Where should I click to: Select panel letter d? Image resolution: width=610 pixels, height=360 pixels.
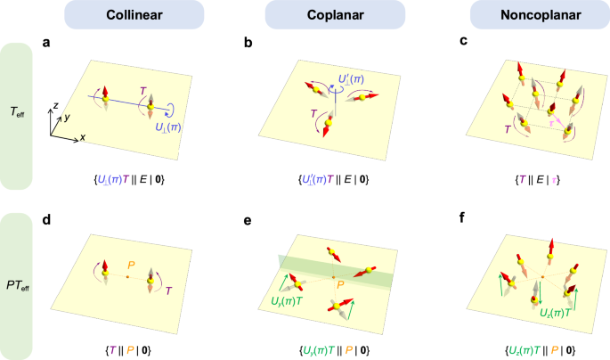tap(46, 217)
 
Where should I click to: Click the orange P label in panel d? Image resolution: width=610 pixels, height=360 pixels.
tap(131, 265)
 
